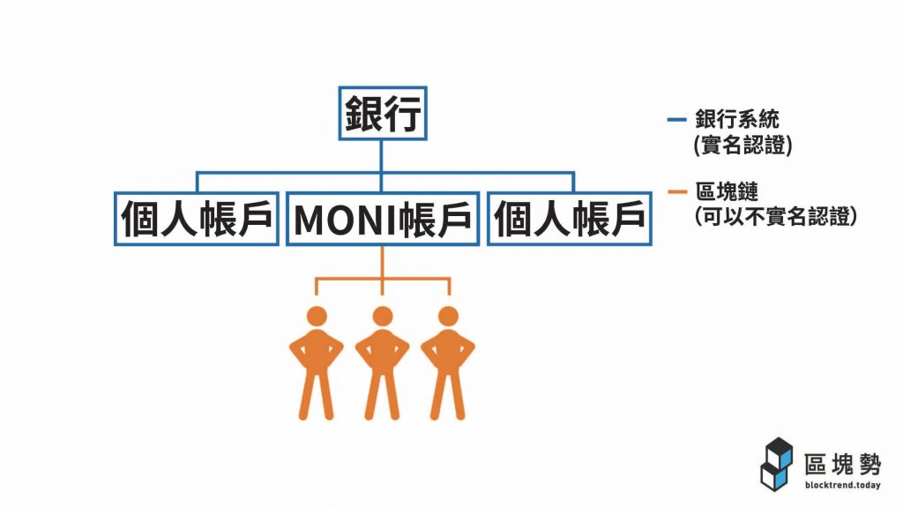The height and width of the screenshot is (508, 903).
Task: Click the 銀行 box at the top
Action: click(x=382, y=113)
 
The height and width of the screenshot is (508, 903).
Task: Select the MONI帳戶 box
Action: click(x=381, y=218)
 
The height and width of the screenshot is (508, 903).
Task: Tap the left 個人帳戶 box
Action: click(x=197, y=218)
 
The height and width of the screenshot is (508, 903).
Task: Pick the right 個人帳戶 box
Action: click(x=570, y=218)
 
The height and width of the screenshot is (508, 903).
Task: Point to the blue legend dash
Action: click(x=678, y=117)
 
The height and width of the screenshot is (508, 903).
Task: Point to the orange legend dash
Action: click(x=678, y=190)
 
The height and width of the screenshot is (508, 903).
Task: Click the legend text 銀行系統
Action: click(x=737, y=118)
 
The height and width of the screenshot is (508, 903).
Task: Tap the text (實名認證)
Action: click(x=743, y=144)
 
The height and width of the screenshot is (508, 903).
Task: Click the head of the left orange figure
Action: click(x=316, y=317)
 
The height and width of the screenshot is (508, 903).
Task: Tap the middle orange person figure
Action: click(x=382, y=362)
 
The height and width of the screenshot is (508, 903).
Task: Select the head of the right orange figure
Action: click(x=448, y=317)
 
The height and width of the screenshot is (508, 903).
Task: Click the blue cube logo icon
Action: click(x=777, y=462)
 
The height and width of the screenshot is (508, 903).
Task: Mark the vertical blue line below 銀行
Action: click(x=382, y=155)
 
